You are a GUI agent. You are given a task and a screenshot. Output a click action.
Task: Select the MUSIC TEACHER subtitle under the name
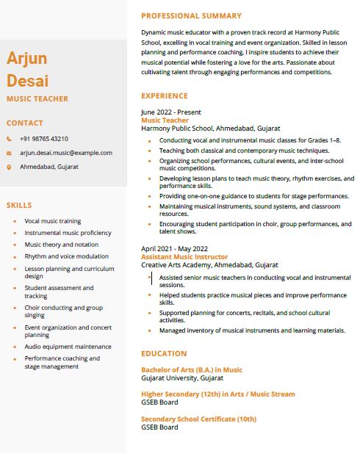[37, 98]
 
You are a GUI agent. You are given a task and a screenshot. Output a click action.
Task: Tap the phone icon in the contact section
[10, 139]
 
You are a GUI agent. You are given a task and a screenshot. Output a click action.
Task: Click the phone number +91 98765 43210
[44, 139]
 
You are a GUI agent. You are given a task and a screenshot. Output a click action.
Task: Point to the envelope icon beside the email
[10, 153]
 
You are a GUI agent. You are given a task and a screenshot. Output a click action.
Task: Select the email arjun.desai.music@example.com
[66, 153]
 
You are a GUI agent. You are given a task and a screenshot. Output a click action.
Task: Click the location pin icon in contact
[10, 167]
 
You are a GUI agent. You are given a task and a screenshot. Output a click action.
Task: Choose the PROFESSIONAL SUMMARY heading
[191, 15]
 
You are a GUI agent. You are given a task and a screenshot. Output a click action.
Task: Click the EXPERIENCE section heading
[165, 95]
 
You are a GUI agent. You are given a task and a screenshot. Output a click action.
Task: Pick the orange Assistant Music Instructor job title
[184, 257]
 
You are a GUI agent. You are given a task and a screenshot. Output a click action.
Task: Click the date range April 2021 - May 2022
[174, 249]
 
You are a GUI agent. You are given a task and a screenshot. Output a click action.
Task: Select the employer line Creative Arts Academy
[209, 264]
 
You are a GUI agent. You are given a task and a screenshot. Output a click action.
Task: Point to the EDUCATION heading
[163, 353]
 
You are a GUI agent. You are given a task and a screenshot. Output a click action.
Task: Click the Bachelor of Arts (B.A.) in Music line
[191, 370]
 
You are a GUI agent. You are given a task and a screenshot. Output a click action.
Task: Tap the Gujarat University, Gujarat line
[182, 378]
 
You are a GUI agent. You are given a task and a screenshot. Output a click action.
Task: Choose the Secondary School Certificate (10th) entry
[198, 419]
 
